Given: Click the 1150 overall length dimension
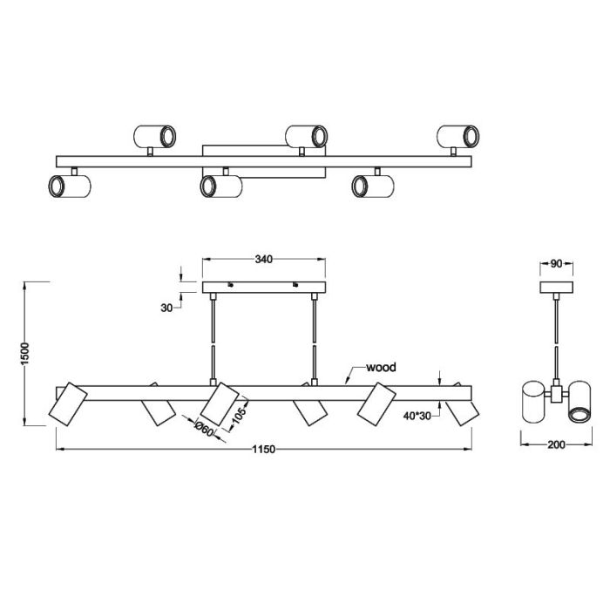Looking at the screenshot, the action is [x=264, y=450].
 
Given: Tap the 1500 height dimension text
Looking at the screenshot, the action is [x=25, y=354].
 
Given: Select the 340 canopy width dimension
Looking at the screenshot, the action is [x=264, y=260].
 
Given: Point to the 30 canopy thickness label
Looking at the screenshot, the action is [x=166, y=308].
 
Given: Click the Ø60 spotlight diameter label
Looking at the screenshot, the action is [x=204, y=429].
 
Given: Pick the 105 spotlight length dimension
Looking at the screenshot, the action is [x=238, y=415].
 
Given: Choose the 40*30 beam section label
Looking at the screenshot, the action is [x=417, y=416].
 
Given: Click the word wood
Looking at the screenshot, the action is [x=382, y=367].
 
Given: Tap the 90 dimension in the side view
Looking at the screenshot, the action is [x=556, y=263].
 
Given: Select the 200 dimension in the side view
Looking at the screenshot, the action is [x=556, y=444].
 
